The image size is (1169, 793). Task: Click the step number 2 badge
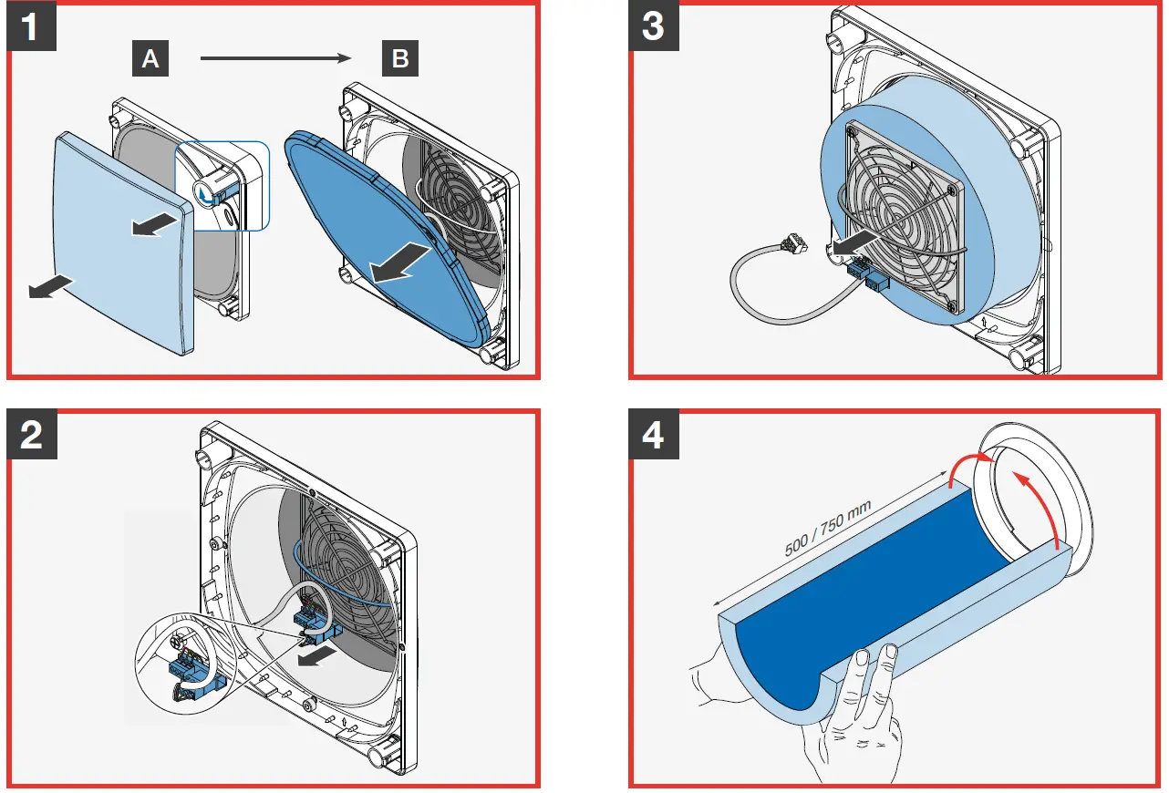[31, 435]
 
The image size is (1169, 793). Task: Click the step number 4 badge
[653, 435]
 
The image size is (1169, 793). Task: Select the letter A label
[151, 59]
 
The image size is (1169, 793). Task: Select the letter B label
[399, 59]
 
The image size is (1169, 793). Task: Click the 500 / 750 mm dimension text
[828, 529]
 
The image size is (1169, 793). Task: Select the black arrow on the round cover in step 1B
[401, 262]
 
